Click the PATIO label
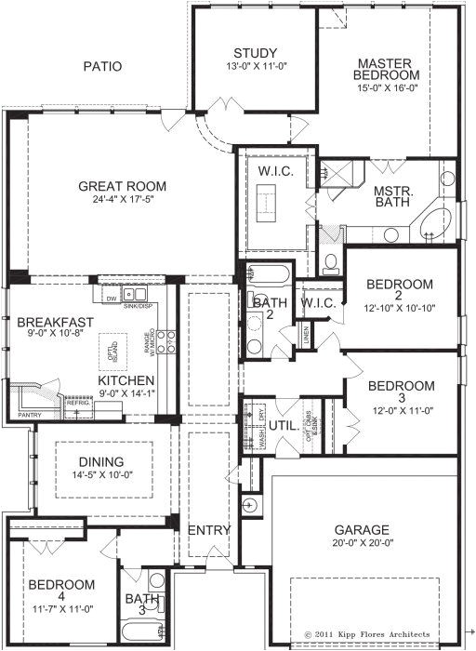coord(103,66)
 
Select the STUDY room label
coord(249,52)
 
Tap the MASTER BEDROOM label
coord(387,70)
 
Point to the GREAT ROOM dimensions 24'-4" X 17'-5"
coord(121,198)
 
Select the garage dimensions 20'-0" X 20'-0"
coord(362,543)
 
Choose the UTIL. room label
coord(283,426)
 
